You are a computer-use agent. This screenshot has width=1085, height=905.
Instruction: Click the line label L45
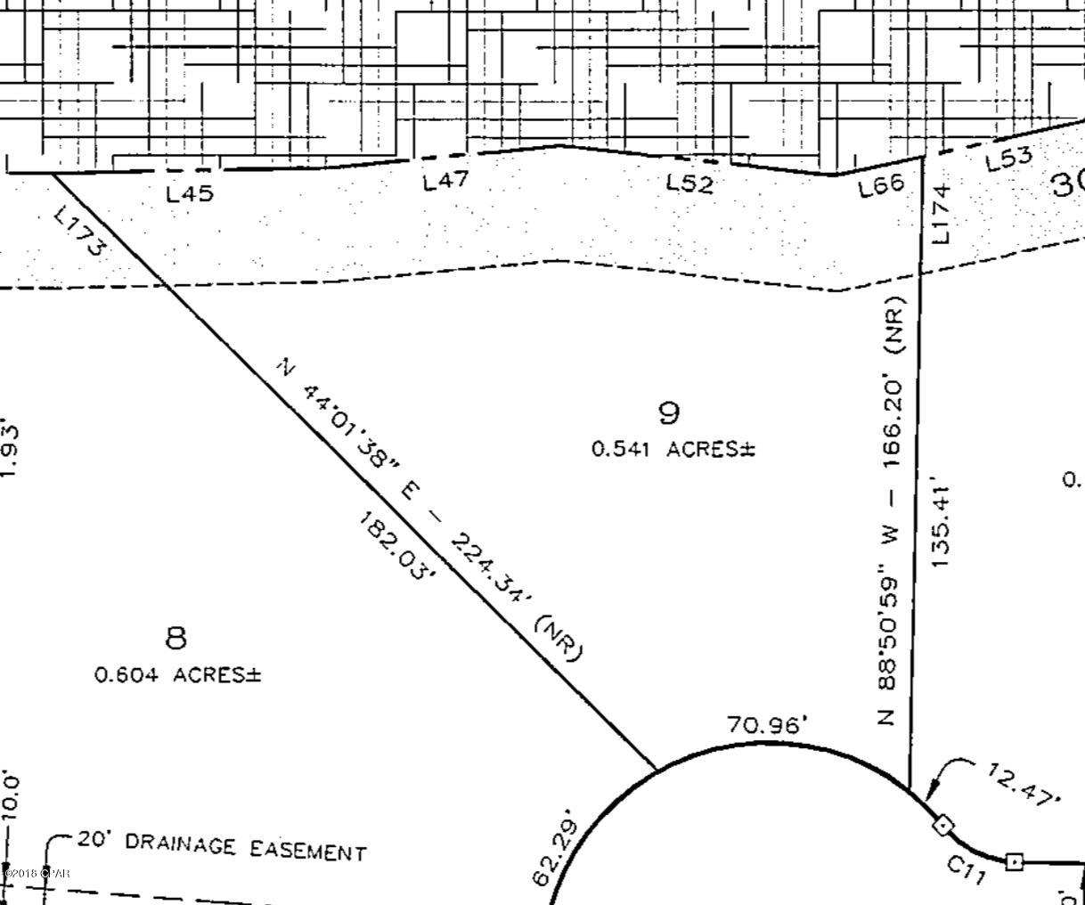click(191, 192)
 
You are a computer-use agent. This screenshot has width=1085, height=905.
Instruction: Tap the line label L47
click(445, 182)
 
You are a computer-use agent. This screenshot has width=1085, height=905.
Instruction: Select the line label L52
click(690, 183)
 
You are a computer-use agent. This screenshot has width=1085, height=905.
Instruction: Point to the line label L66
click(880, 185)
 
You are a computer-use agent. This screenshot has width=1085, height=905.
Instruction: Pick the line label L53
click(1009, 159)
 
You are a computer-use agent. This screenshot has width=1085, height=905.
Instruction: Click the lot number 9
click(669, 412)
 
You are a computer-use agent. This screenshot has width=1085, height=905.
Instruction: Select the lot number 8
click(176, 638)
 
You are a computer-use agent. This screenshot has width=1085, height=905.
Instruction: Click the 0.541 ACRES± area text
click(673, 450)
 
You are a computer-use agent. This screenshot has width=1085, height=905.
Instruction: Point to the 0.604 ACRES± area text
click(178, 675)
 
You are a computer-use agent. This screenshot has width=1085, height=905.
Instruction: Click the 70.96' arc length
click(767, 725)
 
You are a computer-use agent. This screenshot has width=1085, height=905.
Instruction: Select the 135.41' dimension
click(942, 527)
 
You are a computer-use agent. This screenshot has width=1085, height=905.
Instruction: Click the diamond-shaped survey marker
click(942, 826)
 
